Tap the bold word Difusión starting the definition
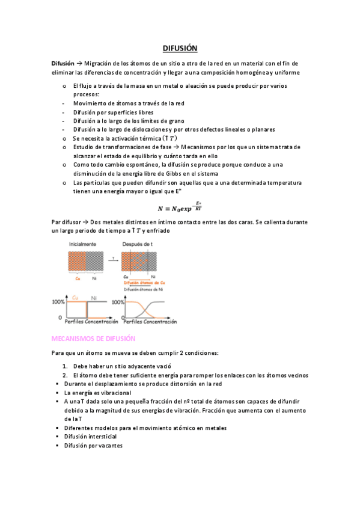tap(63, 63)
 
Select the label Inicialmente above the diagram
tap(82, 244)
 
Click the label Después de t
tap(139, 244)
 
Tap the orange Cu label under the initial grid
tap(78, 278)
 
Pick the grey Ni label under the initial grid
tap(94, 278)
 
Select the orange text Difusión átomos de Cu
tap(144, 283)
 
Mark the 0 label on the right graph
tap(118, 316)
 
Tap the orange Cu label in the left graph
tap(75, 298)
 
